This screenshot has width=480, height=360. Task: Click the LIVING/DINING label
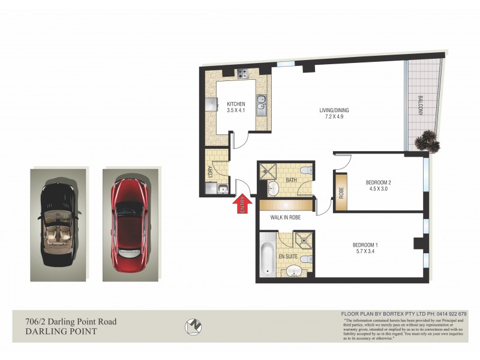click(x=334, y=110)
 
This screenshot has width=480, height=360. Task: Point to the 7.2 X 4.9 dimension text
click(x=334, y=117)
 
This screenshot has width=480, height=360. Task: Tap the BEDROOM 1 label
click(x=364, y=245)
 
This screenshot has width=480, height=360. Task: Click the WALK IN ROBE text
click(x=284, y=218)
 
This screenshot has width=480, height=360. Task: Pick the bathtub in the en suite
click(x=268, y=259)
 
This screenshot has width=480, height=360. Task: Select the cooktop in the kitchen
click(x=243, y=75)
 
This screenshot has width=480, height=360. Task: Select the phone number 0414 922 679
click(x=448, y=314)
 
